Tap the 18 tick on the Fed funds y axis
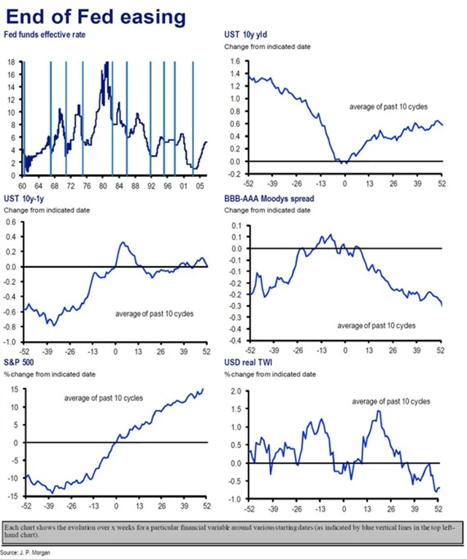(12, 63)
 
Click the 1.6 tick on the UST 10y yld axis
(235, 62)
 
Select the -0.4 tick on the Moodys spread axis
(235, 341)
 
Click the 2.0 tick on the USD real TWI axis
(235, 391)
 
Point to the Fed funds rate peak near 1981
(107, 64)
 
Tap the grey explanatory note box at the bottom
(233, 533)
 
